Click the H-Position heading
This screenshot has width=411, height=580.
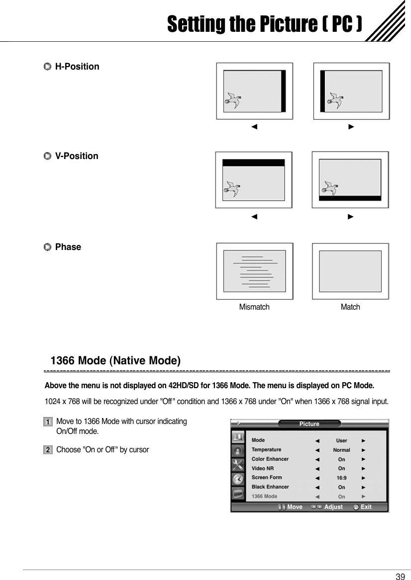(x=76, y=67)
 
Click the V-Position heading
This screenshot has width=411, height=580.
(x=76, y=156)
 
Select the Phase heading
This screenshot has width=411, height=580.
(x=68, y=247)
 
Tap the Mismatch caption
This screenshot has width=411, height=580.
(x=254, y=307)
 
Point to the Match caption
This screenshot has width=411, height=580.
(x=350, y=307)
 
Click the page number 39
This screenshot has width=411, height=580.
(x=400, y=577)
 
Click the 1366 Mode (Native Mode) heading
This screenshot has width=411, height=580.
(x=116, y=360)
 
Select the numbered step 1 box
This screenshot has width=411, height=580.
(x=48, y=422)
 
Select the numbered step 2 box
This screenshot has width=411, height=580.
(x=48, y=450)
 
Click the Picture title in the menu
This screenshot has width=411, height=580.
(x=309, y=424)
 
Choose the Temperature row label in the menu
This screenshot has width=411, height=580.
(x=266, y=450)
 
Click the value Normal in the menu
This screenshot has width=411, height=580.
(x=341, y=450)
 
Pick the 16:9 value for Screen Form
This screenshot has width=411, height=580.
(x=341, y=478)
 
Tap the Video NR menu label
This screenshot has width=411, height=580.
(x=263, y=469)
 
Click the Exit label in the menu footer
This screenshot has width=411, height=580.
(x=366, y=507)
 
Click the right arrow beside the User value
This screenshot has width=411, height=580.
(x=364, y=441)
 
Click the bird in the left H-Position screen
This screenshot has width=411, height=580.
(x=232, y=99)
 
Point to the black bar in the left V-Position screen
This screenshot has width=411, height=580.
(x=253, y=163)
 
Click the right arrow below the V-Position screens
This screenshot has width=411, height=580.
(x=351, y=217)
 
